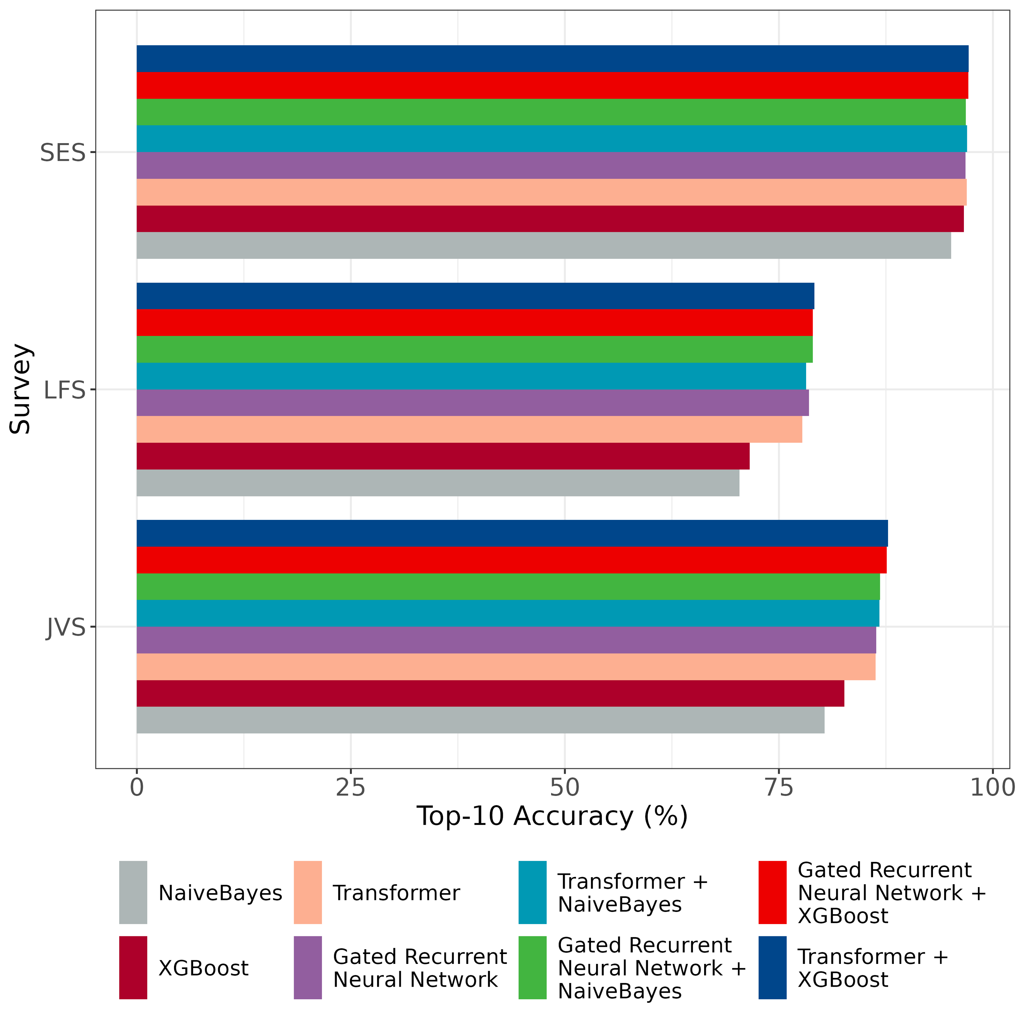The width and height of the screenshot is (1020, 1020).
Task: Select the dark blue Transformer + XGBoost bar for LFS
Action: tap(475, 296)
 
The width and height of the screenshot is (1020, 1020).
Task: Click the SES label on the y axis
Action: tap(62, 153)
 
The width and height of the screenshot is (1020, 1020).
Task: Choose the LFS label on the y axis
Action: tap(64, 391)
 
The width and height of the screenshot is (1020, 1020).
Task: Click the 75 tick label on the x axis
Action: tap(779, 788)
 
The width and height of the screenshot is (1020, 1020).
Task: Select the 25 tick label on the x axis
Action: tap(351, 788)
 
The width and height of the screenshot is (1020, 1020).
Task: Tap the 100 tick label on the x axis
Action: tap(992, 788)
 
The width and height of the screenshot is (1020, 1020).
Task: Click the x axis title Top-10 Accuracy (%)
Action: tap(552, 816)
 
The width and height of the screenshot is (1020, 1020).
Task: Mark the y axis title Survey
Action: tap(21, 389)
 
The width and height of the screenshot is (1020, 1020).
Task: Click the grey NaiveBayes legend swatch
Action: tap(133, 893)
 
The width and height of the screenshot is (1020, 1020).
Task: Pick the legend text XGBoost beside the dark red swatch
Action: tap(203, 968)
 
